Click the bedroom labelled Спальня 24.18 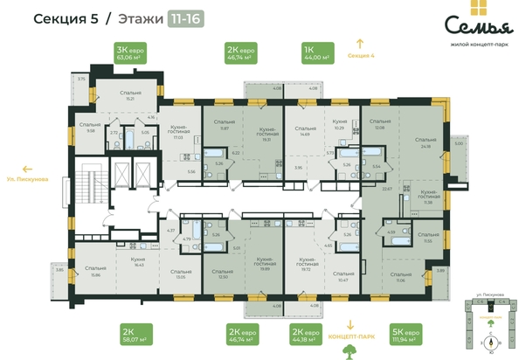point(426,142)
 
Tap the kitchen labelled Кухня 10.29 point(339,126)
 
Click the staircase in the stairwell point(87,192)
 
